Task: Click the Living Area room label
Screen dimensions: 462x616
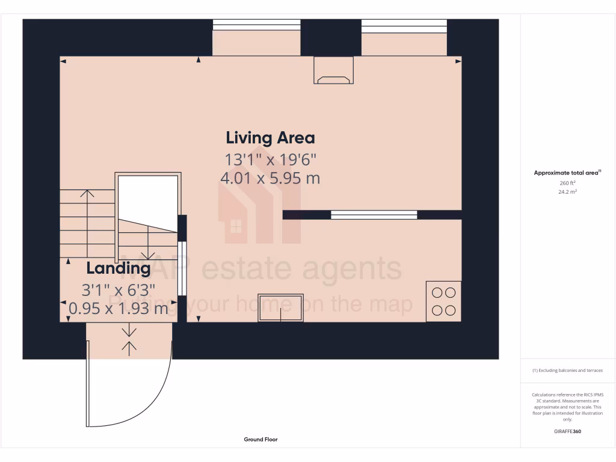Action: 270,138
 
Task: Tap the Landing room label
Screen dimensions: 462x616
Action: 118,268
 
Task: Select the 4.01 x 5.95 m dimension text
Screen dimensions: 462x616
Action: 270,178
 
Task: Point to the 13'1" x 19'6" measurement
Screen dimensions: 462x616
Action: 270,159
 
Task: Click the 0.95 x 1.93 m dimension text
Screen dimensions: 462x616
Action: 118,309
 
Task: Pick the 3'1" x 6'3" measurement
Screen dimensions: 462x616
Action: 118,289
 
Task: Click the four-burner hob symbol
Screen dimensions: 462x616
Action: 443,301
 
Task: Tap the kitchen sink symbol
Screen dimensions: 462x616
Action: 281,307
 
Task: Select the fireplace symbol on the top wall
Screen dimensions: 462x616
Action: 333,70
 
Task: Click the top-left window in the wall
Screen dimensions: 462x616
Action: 257,25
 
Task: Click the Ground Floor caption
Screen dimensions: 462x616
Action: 260,440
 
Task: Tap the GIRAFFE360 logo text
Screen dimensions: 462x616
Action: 567,431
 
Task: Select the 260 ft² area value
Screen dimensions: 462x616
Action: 567,183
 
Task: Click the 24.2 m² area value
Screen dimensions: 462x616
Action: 567,192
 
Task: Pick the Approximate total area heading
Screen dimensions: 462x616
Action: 567,173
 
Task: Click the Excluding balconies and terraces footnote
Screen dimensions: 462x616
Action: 567,371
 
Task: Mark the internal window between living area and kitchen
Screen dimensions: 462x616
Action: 374,215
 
